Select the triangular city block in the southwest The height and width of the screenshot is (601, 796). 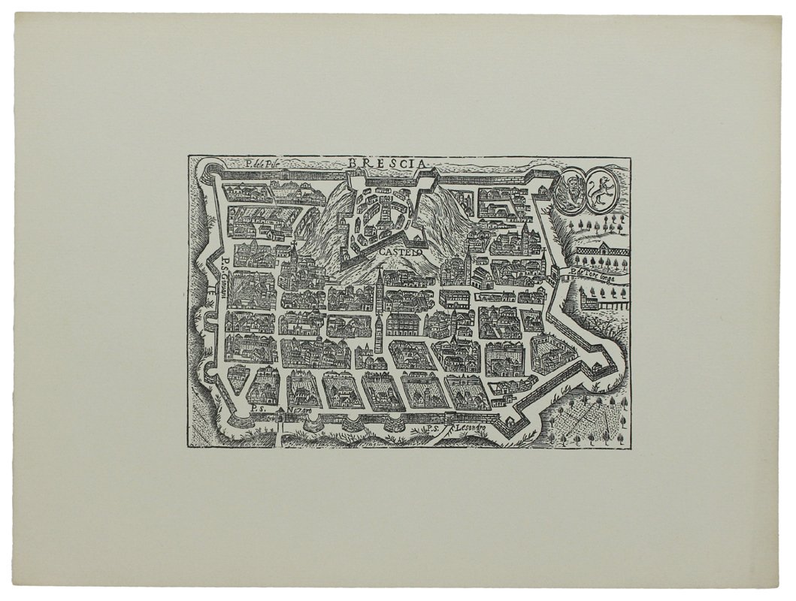[x=238, y=379]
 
